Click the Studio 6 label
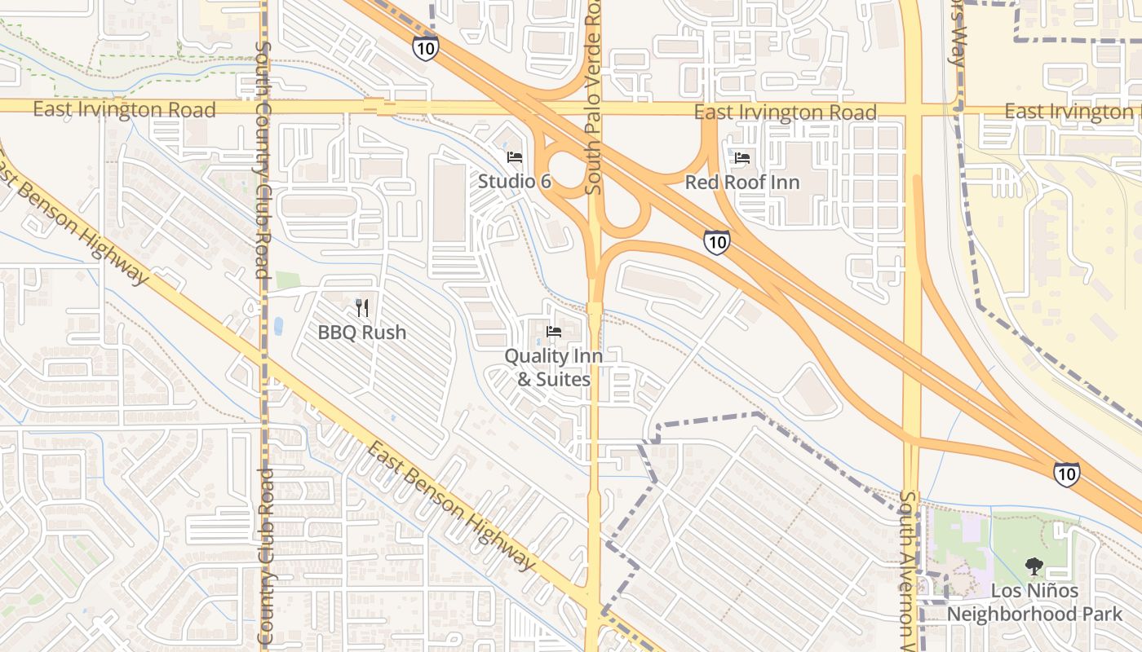(x=514, y=182)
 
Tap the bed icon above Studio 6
(x=514, y=157)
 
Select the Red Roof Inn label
(x=742, y=182)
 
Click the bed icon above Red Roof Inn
(x=742, y=157)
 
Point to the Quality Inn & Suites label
(x=554, y=367)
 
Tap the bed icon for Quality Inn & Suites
(x=555, y=332)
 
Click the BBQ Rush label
(x=362, y=333)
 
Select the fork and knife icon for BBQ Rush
(x=362, y=308)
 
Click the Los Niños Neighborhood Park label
(x=1034, y=602)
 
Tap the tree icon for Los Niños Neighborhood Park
(x=1034, y=566)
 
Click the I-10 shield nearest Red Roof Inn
(x=716, y=242)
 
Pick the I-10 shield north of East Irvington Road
(x=425, y=48)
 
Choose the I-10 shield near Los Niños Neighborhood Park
(x=1066, y=474)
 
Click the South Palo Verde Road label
(x=594, y=98)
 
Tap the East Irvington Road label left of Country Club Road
(x=124, y=109)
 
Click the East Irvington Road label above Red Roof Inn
(x=785, y=112)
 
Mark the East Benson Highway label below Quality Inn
(x=450, y=505)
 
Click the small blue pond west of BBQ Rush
(x=278, y=326)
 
